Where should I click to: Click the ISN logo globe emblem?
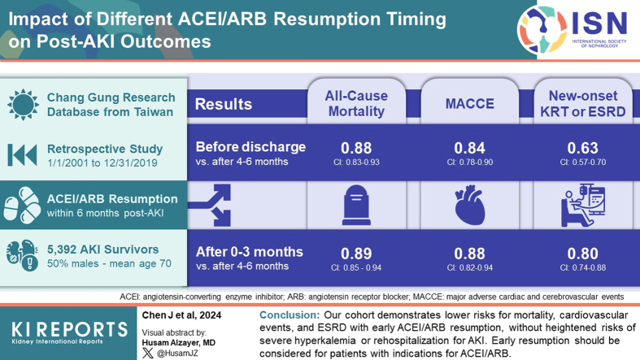542,29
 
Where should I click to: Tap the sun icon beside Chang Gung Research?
23,104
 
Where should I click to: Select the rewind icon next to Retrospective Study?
23,155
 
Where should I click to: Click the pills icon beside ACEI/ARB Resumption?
22,205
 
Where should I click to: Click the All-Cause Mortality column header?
356,103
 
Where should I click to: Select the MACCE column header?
470,103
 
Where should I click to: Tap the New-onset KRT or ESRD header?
583,103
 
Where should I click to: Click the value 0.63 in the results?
583,148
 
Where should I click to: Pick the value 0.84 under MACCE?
470,148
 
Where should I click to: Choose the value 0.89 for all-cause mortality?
356,254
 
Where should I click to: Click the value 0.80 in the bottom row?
583,254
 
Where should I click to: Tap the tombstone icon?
356,205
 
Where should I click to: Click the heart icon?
470,205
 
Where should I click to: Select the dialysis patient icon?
583,205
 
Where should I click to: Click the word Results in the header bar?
224,104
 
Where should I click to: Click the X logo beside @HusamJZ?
148,353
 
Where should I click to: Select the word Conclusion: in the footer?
290,315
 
